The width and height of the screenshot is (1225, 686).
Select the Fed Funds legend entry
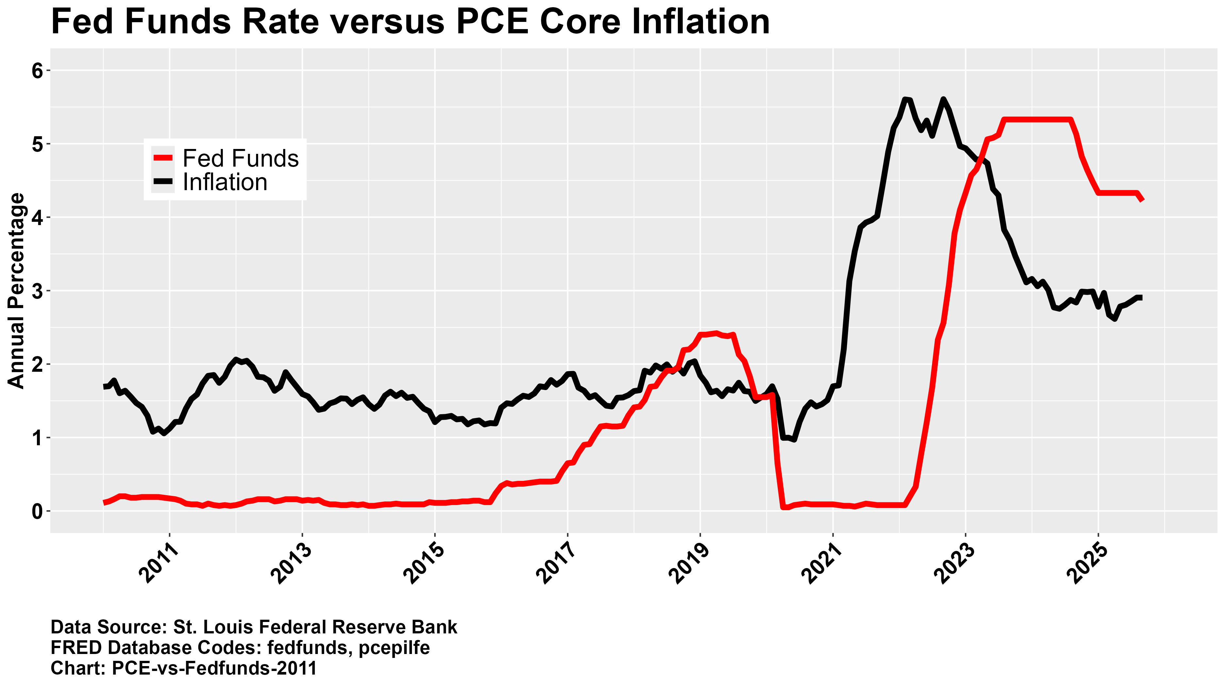[x=240, y=158]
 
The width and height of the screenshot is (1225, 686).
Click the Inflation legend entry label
[x=225, y=182]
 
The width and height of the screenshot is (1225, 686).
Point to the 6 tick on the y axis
[x=38, y=71]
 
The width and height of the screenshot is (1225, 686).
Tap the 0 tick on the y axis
[x=38, y=512]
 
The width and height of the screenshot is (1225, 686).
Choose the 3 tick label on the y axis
[x=38, y=291]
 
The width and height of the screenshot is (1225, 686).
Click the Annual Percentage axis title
[x=17, y=291]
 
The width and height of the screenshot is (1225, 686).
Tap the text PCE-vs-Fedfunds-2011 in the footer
[x=214, y=668]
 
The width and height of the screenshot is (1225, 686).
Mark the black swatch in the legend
[x=163, y=182]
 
